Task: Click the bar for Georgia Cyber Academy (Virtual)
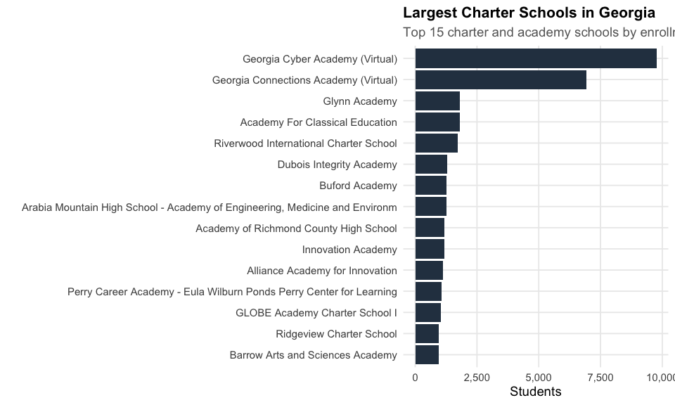[x=536, y=58]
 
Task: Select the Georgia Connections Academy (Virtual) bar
[x=501, y=80]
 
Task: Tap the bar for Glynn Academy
[x=437, y=101]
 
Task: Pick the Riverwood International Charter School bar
[x=436, y=143]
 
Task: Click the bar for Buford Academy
[x=430, y=186]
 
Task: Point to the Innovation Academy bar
[x=430, y=250]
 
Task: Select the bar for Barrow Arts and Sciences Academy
[x=427, y=355]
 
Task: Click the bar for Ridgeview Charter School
[x=427, y=334]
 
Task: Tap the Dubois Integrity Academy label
[x=337, y=165]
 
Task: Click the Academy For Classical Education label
[x=319, y=122]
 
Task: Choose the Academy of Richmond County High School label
[x=296, y=229]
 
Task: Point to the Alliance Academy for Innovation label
[x=322, y=271]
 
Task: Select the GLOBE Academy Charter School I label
[x=316, y=313]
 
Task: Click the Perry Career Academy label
[x=232, y=292]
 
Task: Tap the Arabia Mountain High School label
[x=210, y=207]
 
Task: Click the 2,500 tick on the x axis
[x=477, y=378]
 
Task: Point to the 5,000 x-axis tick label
[x=539, y=378]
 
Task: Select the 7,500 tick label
[x=600, y=378]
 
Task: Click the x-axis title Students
[x=536, y=392]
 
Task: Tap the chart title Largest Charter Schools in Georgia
[x=529, y=13]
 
